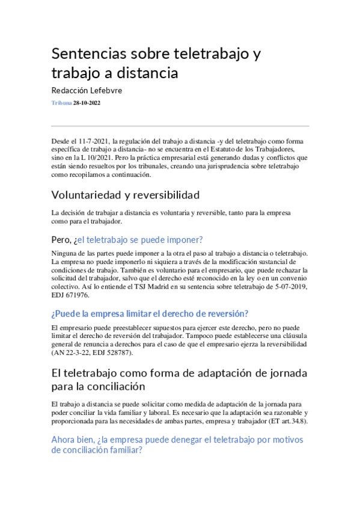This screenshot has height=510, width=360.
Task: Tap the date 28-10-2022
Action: point(87,103)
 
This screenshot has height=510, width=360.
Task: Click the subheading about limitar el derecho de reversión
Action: point(150,313)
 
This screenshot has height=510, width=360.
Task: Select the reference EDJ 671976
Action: point(71,295)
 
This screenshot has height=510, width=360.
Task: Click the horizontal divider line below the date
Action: point(180,126)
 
